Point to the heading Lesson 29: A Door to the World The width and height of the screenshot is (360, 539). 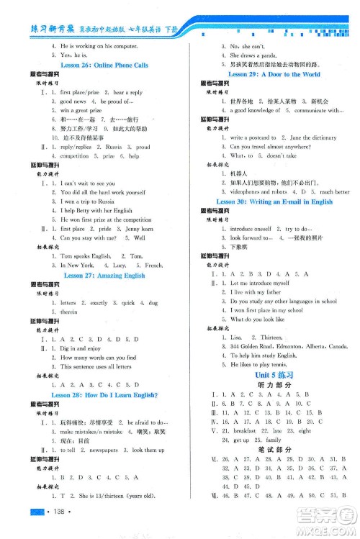(274, 73)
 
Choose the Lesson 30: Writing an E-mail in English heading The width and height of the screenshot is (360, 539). (274, 202)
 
